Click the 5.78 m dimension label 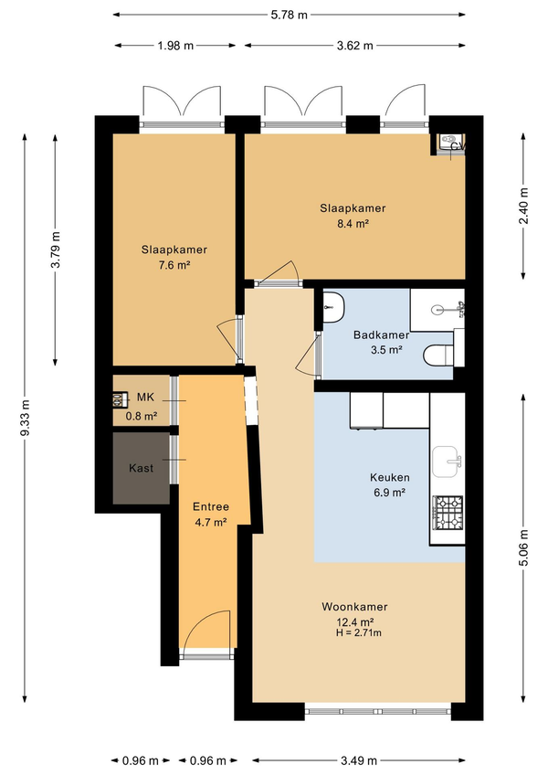pos(290,15)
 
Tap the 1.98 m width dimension pos(175,46)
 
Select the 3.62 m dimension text pos(354,46)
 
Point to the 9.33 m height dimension pos(26,418)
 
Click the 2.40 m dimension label pos(523,207)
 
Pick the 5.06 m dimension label pos(523,547)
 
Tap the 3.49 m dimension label pos(358,760)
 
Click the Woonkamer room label pos(354,607)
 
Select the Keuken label pos(390,477)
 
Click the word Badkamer pos(382,335)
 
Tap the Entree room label pos(211,506)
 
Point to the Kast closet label pos(142,468)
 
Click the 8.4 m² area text pos(353,223)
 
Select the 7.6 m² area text pos(174,265)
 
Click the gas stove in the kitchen pos(448,512)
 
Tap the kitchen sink pos(447,462)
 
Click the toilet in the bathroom pos(438,355)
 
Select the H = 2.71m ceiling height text pos(358,632)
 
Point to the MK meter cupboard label pos(146,397)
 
